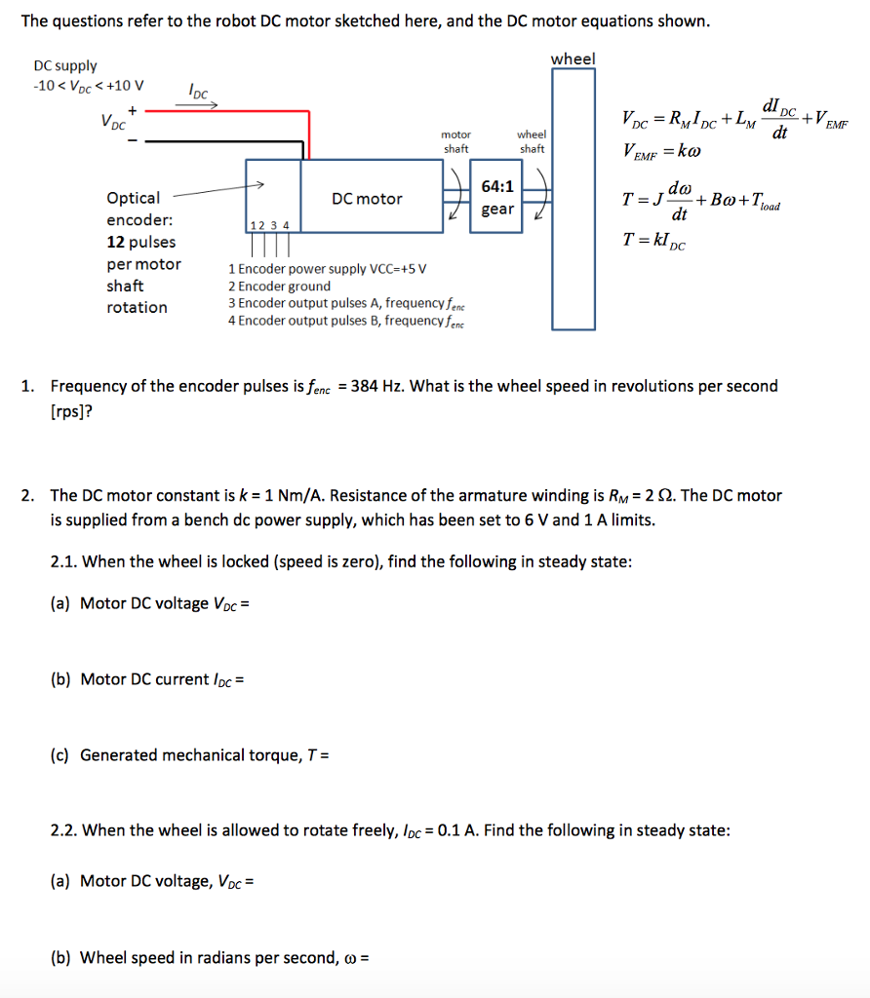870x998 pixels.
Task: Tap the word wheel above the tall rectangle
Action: pyautogui.click(x=573, y=59)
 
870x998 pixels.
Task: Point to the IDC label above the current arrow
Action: pyautogui.click(x=198, y=92)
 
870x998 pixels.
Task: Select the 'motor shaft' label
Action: pyautogui.click(x=456, y=141)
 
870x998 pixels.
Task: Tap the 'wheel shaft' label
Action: pyautogui.click(x=532, y=141)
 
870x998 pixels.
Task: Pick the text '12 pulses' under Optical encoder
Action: pyautogui.click(x=141, y=242)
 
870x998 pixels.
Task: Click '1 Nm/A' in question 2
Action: pyautogui.click(x=288, y=495)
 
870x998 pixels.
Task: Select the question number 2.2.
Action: pyautogui.click(x=64, y=830)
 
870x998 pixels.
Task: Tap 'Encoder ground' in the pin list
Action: pyautogui.click(x=284, y=286)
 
